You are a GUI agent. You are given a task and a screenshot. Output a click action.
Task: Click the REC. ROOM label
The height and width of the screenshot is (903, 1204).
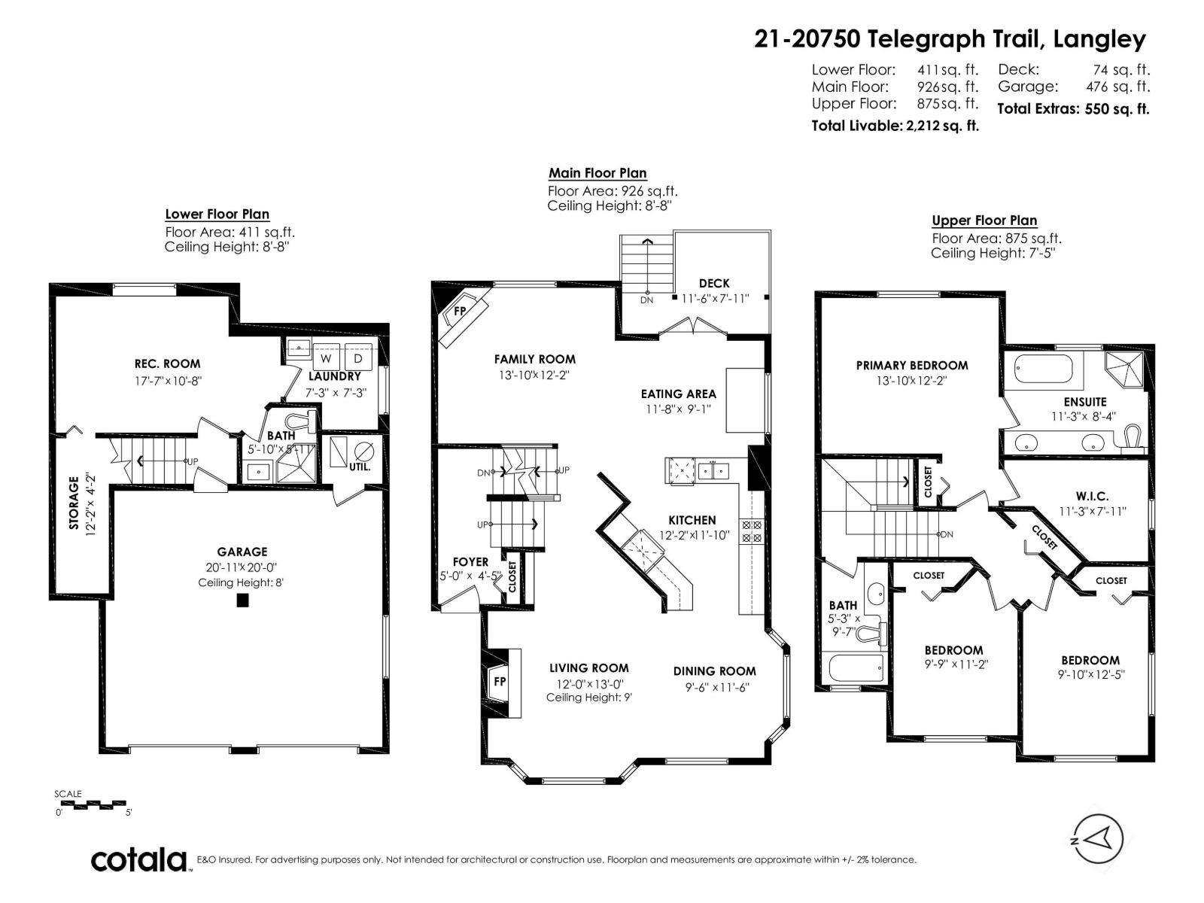(167, 364)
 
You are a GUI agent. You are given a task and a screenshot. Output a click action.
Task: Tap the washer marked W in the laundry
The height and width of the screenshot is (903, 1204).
(327, 359)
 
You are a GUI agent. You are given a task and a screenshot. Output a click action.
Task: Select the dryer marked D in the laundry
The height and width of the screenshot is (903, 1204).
(358, 359)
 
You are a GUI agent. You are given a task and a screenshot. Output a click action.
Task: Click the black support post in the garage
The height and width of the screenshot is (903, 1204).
(242, 600)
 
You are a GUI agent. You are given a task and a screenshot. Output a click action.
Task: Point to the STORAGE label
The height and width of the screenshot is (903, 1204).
(74, 503)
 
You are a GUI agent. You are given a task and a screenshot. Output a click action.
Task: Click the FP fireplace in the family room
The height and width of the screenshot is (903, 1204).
(461, 311)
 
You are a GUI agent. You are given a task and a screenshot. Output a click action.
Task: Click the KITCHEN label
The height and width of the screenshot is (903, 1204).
(692, 520)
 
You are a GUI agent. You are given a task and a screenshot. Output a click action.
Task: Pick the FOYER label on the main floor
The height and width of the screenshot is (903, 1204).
(470, 561)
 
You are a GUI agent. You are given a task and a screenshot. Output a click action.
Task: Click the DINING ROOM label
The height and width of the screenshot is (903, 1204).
(714, 671)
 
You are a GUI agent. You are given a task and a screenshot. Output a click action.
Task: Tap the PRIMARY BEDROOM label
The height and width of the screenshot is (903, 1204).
(912, 365)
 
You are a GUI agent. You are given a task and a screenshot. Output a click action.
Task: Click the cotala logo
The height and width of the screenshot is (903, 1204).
(140, 859)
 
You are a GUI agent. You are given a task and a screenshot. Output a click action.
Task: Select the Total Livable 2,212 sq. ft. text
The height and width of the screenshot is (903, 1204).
(895, 126)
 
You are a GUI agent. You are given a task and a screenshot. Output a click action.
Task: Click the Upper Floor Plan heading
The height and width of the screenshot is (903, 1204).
(984, 220)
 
